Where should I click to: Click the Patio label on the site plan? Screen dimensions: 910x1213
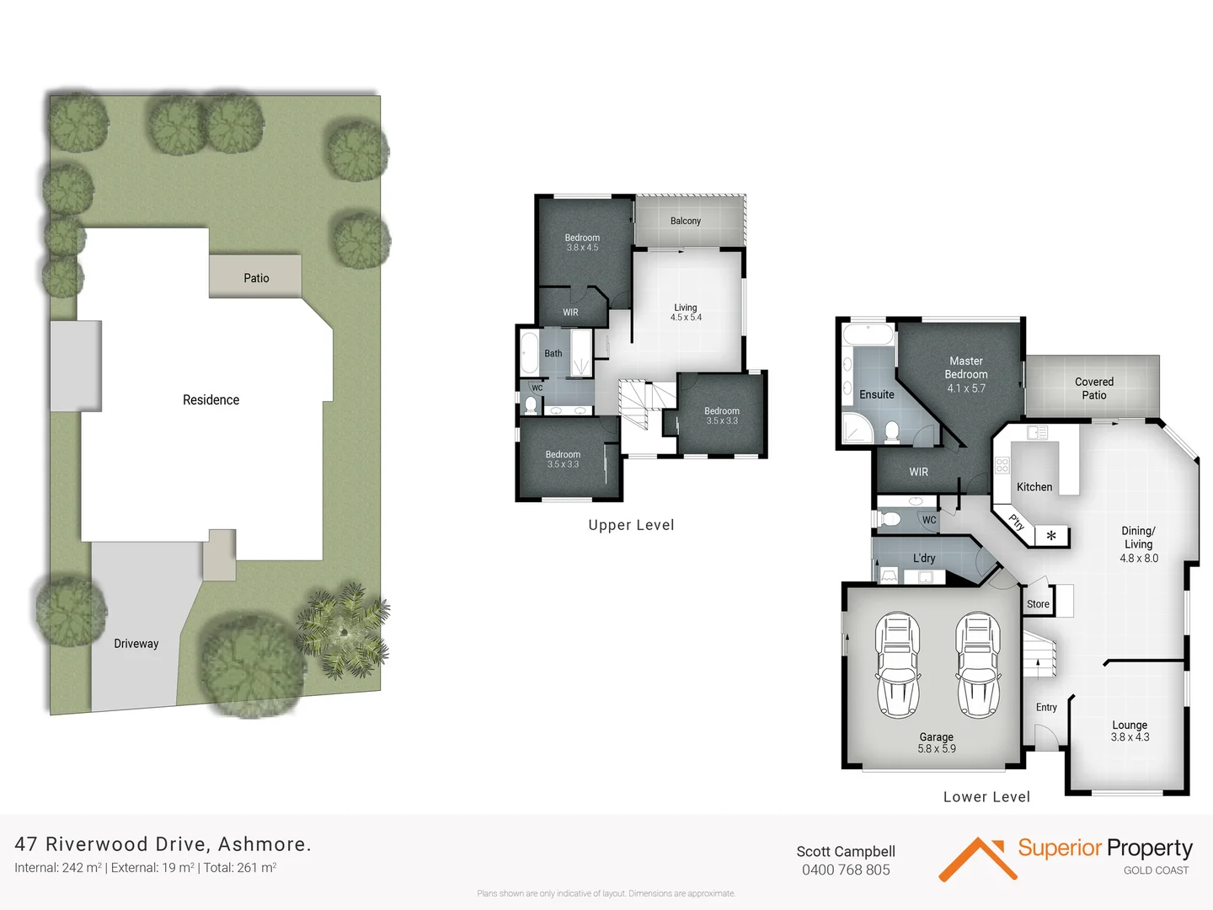(x=256, y=278)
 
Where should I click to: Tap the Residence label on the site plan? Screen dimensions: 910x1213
(x=211, y=400)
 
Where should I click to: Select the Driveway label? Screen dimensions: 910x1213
(x=136, y=644)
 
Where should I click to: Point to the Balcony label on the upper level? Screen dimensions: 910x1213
(x=685, y=221)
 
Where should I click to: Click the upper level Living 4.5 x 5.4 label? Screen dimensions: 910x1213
(x=686, y=313)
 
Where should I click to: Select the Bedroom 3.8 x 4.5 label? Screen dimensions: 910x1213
(x=582, y=243)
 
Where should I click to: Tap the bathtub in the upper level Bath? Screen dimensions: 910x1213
(x=529, y=353)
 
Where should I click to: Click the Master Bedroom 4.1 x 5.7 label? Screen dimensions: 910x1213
(x=965, y=374)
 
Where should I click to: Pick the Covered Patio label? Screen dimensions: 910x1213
(x=1093, y=388)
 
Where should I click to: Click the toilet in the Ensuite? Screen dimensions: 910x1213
(x=892, y=431)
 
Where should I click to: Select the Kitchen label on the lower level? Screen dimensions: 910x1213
(x=1034, y=487)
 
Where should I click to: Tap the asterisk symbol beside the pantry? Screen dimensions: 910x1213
(x=1050, y=536)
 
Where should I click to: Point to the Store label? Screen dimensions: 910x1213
(x=1038, y=604)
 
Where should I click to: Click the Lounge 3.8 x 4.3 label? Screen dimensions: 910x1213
(x=1130, y=731)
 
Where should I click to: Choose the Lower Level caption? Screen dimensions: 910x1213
(x=986, y=797)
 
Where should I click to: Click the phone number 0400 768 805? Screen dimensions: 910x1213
(x=846, y=870)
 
